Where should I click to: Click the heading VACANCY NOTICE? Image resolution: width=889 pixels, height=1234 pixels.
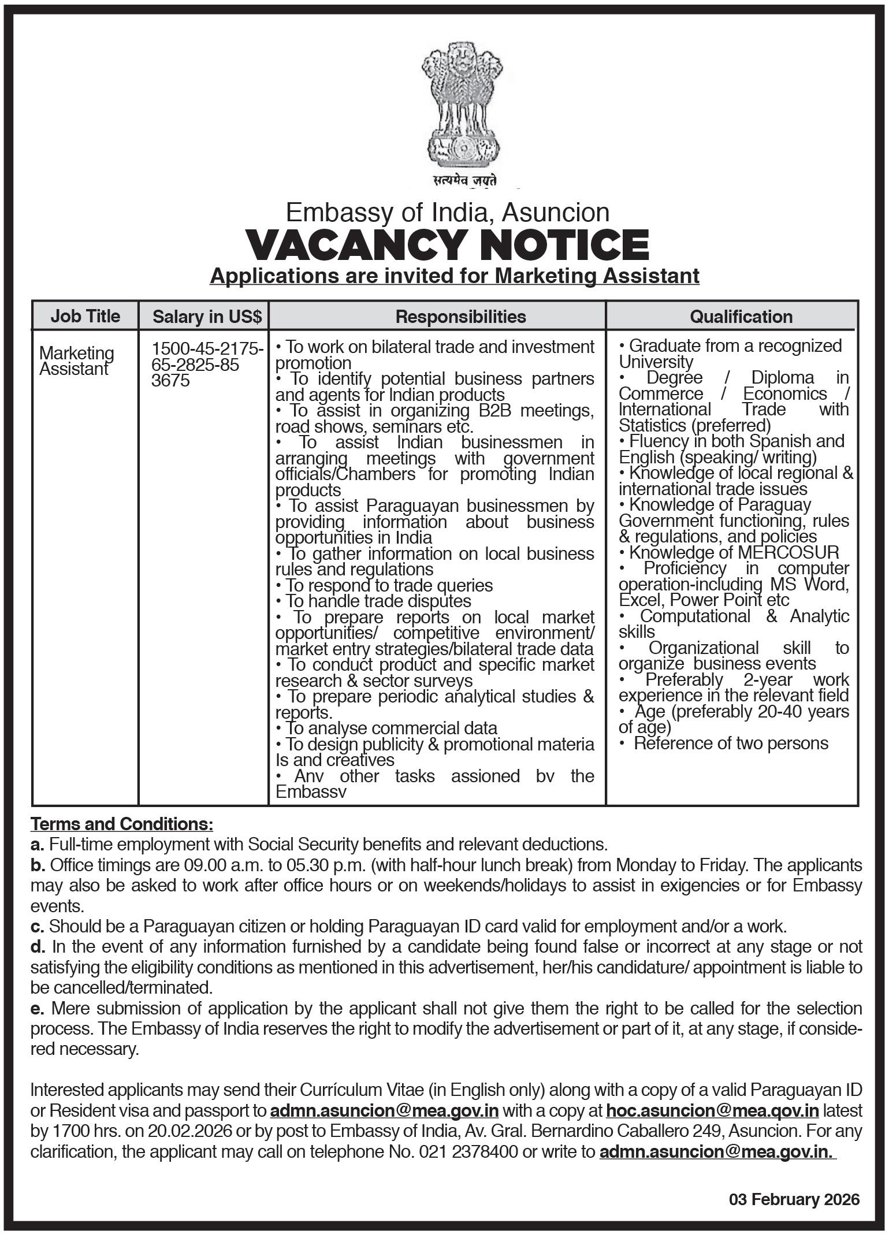pos(448,244)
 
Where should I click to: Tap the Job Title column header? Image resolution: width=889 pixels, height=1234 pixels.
pos(85,316)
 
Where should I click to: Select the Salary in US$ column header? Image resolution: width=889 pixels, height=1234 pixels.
pos(207,317)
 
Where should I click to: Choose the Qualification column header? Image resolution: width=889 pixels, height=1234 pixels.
pos(741,317)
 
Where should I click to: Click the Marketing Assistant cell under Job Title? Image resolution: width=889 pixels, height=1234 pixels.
pos(77,360)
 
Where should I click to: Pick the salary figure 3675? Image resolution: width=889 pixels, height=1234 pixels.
pos(170,381)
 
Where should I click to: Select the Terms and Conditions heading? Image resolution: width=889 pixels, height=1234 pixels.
pos(122,823)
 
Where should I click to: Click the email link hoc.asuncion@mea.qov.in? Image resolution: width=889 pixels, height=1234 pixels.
pos(712,1111)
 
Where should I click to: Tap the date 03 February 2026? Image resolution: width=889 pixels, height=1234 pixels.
pos(794,1200)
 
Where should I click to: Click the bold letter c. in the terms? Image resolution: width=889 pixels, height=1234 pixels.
pos(38,927)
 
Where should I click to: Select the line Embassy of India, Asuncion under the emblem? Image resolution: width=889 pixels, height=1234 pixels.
pos(448,213)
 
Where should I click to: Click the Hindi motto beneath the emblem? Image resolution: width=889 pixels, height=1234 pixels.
pos(465,180)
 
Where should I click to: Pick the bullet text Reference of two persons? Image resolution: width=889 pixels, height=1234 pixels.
pos(731,743)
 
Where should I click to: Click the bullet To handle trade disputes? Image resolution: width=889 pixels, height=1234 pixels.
pos(378,601)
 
